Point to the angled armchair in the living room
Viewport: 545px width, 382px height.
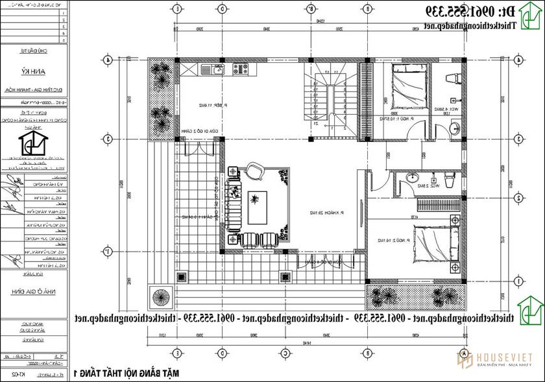(x=255, y=172)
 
